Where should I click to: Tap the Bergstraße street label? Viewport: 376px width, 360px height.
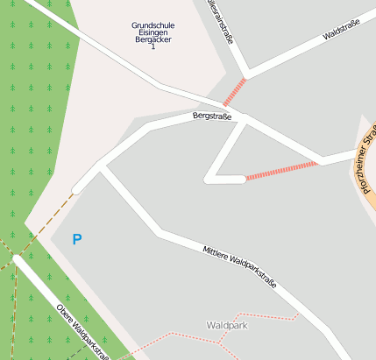[x=212, y=116]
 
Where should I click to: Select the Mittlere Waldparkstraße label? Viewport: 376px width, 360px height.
[x=238, y=265]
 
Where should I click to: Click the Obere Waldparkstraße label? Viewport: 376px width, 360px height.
[x=82, y=330]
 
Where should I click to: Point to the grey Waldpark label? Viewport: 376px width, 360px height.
[x=226, y=325]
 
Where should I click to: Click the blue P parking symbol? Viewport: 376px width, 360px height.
[x=77, y=239]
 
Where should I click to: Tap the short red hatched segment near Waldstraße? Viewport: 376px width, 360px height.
[x=235, y=92]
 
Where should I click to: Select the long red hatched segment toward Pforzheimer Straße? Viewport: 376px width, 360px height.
[x=281, y=170]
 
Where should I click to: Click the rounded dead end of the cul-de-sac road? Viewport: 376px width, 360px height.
[x=209, y=179]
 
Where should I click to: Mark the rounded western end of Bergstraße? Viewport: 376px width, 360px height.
[x=76, y=188]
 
